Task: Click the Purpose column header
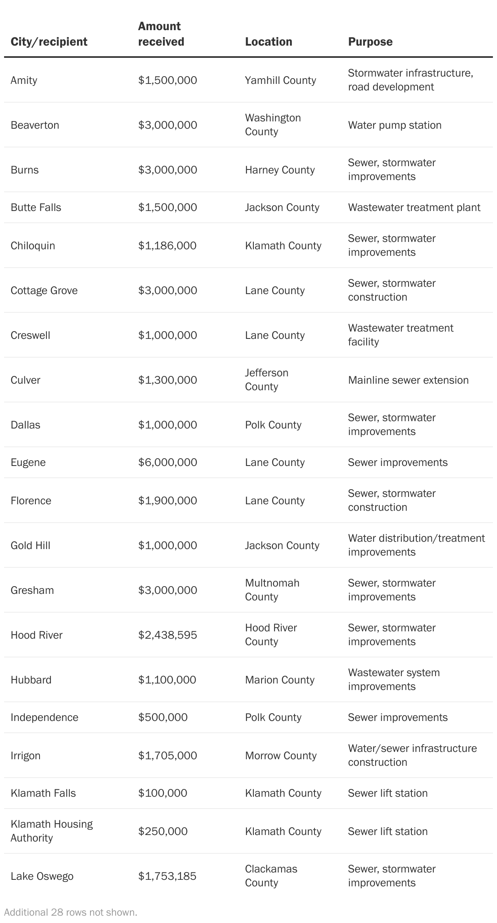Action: [370, 42]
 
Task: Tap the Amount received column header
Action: [161, 34]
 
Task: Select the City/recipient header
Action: [49, 42]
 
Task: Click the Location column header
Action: [268, 42]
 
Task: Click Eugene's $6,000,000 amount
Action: [167, 462]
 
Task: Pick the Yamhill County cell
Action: [280, 80]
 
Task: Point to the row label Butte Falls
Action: [36, 207]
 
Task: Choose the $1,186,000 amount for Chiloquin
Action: [167, 246]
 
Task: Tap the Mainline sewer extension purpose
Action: [408, 380]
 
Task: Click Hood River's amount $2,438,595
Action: [167, 635]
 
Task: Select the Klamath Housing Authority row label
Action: [52, 831]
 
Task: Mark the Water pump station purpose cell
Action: [394, 125]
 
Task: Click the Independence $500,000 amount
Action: [163, 717]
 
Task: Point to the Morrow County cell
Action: [281, 756]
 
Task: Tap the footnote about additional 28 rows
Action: [70, 912]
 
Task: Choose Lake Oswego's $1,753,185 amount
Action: [167, 876]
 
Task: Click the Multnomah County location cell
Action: [272, 590]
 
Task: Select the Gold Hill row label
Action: [31, 545]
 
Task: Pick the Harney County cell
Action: [279, 170]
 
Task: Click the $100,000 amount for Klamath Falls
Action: [163, 793]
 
